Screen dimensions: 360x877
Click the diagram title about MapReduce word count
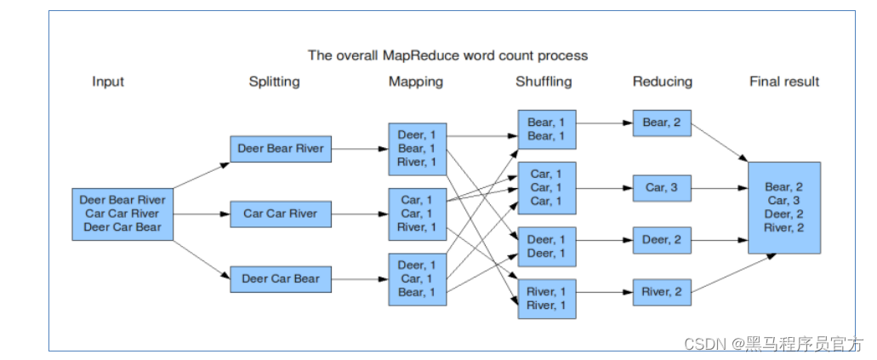point(447,55)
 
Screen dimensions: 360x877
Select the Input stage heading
point(108,82)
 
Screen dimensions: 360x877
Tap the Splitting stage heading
point(274,82)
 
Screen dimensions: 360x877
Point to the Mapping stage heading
point(416,82)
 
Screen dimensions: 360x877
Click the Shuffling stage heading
point(544,82)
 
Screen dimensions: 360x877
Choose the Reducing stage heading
point(663,82)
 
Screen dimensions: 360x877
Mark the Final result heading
point(784,82)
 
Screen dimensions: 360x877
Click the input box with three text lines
point(123,214)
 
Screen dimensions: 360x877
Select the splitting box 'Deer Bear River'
point(281,148)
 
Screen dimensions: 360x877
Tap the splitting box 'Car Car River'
point(281,214)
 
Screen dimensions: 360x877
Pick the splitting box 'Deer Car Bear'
point(281,278)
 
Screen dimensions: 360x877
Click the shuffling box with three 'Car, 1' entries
point(546,187)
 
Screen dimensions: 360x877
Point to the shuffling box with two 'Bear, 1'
point(546,129)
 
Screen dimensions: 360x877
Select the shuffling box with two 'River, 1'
point(546,299)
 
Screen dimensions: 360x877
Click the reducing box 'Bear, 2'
point(662,123)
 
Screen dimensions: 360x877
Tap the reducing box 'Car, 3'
point(662,187)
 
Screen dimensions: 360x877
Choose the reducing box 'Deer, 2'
point(662,240)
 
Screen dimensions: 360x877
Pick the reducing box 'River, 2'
point(662,293)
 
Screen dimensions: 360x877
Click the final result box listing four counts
point(784,207)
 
